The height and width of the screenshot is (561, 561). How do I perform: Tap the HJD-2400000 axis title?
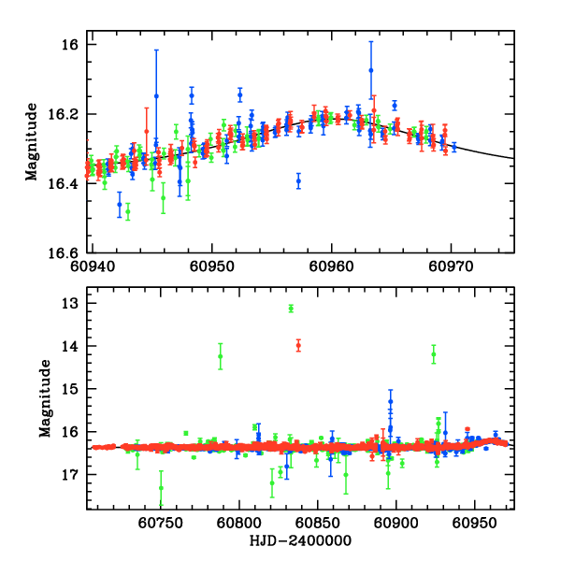tap(301, 540)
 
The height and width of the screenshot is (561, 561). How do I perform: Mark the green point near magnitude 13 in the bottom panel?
tap(292, 308)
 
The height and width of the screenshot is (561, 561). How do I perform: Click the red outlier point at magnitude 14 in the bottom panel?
tap(298, 345)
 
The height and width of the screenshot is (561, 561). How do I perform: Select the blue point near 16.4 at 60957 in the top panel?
tap(298, 181)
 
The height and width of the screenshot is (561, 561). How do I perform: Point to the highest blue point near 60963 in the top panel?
tap(371, 70)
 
